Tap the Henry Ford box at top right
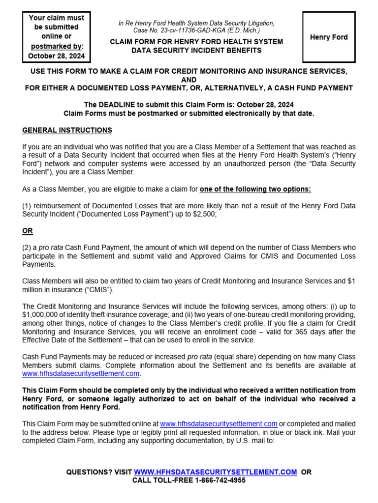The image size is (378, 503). click(328, 37)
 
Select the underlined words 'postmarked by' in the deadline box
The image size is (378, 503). click(56, 46)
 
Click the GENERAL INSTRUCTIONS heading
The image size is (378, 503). click(67, 130)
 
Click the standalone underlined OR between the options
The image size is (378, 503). click(28, 231)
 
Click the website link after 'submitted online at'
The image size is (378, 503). click(219, 423)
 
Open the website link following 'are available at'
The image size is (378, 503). click(81, 373)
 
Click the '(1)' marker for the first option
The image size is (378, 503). click(28, 206)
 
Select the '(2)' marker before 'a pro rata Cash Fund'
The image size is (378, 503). click(28, 247)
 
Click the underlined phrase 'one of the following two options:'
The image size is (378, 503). click(255, 189)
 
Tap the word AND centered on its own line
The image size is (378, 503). click(189, 80)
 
